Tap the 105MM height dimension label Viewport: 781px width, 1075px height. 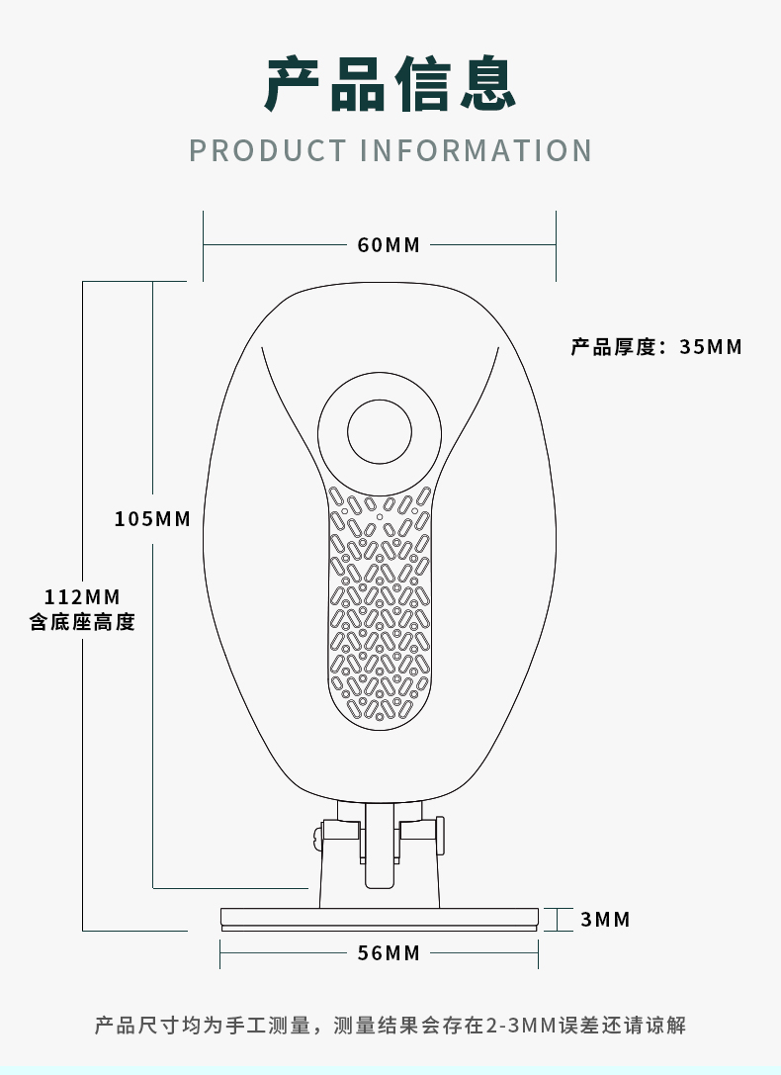[152, 518]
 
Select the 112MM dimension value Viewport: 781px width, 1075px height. [82, 596]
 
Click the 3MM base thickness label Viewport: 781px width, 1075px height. [605, 920]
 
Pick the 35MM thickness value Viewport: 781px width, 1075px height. [711, 347]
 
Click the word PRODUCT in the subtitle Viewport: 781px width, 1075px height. [267, 150]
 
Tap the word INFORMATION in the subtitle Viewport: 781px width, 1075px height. [476, 150]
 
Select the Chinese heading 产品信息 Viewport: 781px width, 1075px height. [390, 84]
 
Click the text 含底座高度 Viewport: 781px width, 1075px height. [82, 622]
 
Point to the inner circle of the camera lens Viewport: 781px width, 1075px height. [379, 431]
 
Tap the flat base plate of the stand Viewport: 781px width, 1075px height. [379, 918]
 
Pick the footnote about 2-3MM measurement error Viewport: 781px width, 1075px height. [390, 1026]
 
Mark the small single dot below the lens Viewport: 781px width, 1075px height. [379, 515]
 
